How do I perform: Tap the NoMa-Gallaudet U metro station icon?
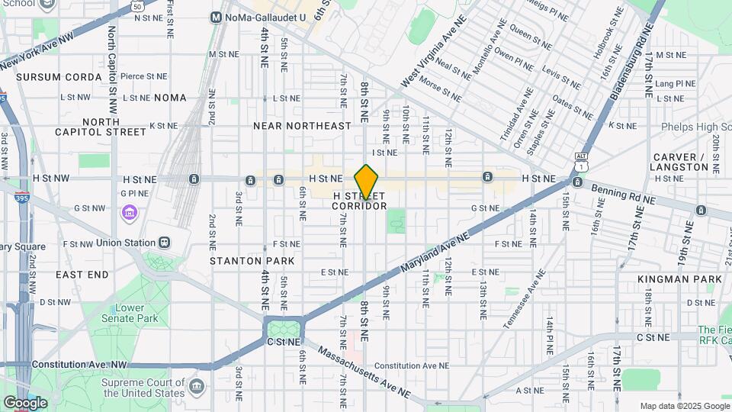coord(216,17)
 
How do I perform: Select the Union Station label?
coord(126,243)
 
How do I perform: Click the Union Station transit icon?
coord(164,242)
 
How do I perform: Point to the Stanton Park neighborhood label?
coord(252,261)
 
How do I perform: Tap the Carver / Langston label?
coord(680,161)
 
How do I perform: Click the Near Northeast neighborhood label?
coord(302,125)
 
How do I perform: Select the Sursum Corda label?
coord(59,77)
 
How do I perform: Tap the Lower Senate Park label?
coord(120,313)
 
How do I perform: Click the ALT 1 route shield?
coord(581,161)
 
